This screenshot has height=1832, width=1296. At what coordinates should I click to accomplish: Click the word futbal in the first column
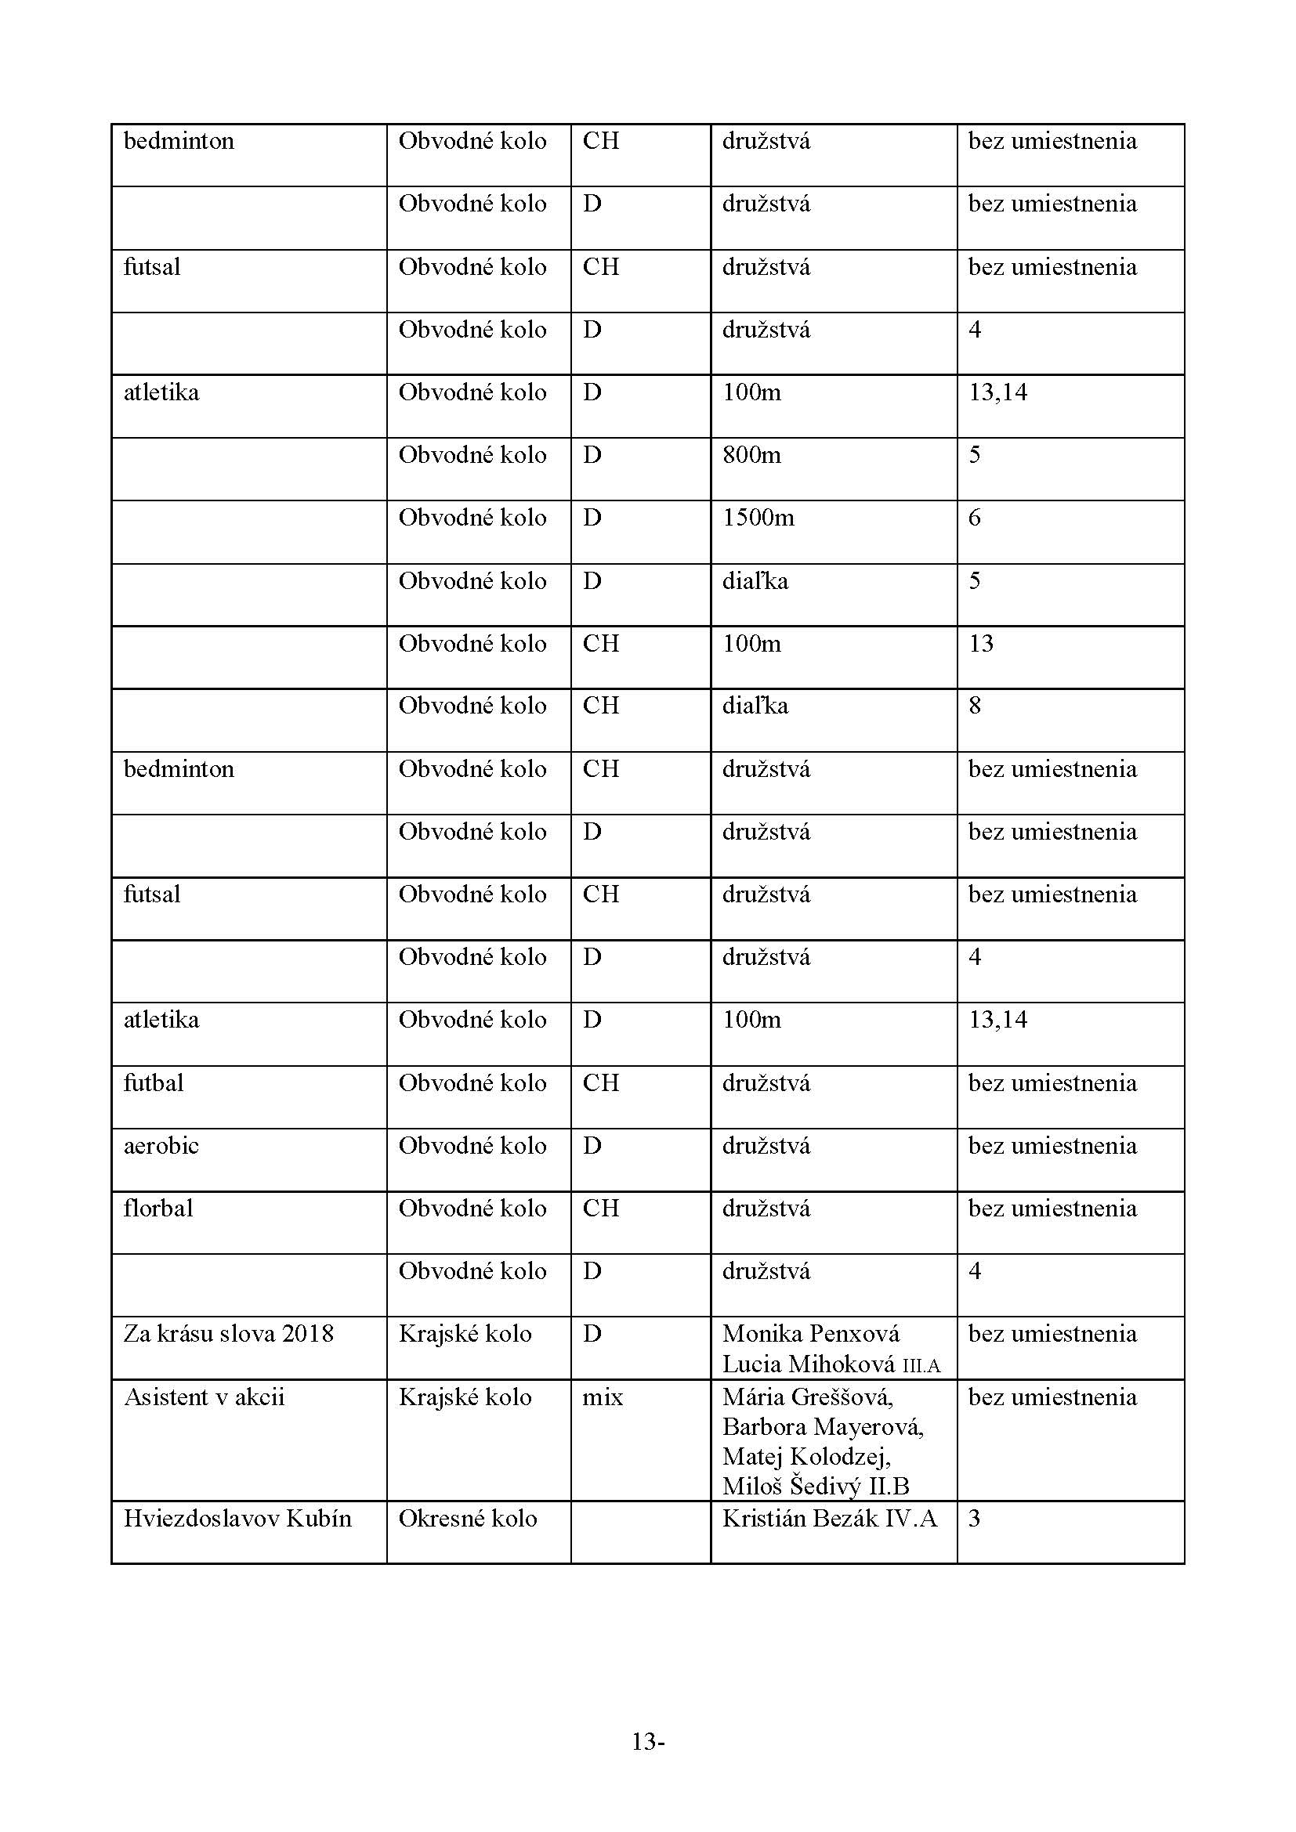[x=154, y=1082]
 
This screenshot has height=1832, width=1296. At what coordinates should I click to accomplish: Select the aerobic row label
[x=161, y=1146]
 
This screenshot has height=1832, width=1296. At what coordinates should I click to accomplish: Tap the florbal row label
[x=158, y=1208]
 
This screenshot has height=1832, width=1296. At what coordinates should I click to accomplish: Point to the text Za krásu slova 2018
[x=228, y=1334]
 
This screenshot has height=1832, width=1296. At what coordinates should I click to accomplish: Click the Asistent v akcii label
[x=204, y=1397]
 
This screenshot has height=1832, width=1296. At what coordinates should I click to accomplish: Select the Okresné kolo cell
[x=468, y=1519]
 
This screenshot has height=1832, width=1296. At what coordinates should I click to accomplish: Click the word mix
[x=603, y=1397]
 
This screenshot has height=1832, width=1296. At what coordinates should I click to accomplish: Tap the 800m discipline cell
[x=751, y=456]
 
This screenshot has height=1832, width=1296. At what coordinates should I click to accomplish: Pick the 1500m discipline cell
[x=758, y=518]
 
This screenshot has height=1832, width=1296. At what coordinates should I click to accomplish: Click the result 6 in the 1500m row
[x=975, y=518]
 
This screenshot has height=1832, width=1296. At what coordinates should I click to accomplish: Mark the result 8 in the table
[x=975, y=706]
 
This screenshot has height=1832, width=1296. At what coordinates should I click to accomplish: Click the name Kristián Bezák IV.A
[x=829, y=1519]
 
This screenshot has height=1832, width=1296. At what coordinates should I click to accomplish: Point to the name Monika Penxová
[x=811, y=1334]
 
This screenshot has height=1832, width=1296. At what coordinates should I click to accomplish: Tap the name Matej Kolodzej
[x=806, y=1457]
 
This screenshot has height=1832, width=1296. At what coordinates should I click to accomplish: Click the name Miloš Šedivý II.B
[x=816, y=1487]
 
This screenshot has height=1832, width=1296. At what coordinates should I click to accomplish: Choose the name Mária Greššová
[x=808, y=1397]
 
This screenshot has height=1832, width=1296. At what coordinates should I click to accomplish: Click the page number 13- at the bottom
[x=648, y=1743]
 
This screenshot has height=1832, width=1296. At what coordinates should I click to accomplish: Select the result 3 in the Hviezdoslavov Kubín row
[x=975, y=1519]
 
